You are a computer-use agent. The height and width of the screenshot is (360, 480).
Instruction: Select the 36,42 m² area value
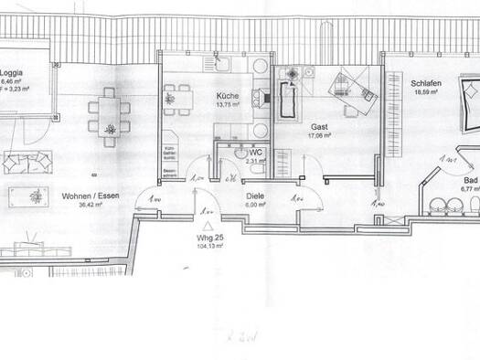[89, 205]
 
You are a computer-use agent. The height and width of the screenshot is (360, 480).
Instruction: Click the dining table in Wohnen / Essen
[108, 116]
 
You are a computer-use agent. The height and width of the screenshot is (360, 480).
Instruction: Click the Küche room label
[228, 96]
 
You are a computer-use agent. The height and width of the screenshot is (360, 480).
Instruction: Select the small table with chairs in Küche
[177, 94]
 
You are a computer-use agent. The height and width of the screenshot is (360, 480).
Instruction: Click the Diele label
[255, 196]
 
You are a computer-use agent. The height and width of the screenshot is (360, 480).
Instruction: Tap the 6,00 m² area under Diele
[255, 205]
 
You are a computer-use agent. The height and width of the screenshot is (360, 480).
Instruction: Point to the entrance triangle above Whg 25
[208, 224]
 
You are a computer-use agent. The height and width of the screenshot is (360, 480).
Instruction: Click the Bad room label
[469, 181]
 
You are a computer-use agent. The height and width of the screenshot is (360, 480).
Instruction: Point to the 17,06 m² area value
[319, 136]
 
